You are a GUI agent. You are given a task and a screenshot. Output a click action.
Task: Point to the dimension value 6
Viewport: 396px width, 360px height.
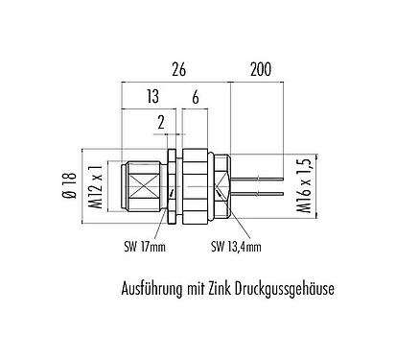pos(196,97)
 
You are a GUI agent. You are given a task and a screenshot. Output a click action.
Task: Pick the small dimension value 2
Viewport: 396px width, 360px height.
pos(161,122)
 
